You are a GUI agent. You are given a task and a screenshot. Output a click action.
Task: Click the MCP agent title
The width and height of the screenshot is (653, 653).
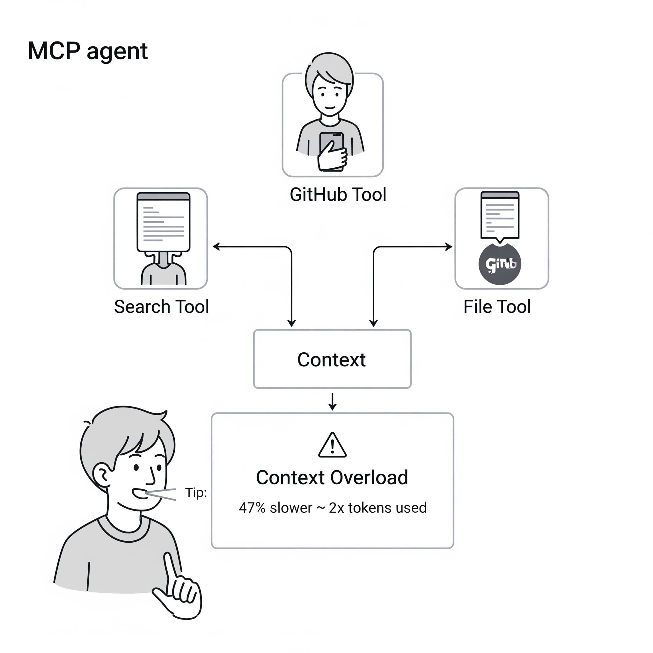click(x=88, y=51)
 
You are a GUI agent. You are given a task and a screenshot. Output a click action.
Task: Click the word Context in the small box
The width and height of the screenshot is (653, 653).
click(x=331, y=359)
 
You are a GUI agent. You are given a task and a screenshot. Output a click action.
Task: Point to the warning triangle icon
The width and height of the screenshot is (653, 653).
click(x=332, y=446)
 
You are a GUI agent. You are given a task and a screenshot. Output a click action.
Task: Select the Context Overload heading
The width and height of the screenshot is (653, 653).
click(x=332, y=478)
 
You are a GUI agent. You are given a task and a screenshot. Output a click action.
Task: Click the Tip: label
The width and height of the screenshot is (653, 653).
click(x=196, y=492)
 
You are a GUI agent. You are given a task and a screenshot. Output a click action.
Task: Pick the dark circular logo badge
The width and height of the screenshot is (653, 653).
click(x=500, y=264)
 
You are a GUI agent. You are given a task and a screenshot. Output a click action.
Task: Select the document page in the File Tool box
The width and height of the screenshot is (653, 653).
click(x=500, y=216)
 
